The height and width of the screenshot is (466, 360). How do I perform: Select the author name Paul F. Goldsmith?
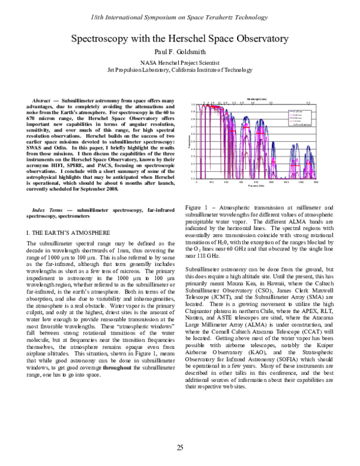click(x=179, y=52)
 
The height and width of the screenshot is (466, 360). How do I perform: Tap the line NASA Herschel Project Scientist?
click(x=179, y=62)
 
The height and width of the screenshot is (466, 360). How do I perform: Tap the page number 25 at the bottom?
click(x=179, y=447)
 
